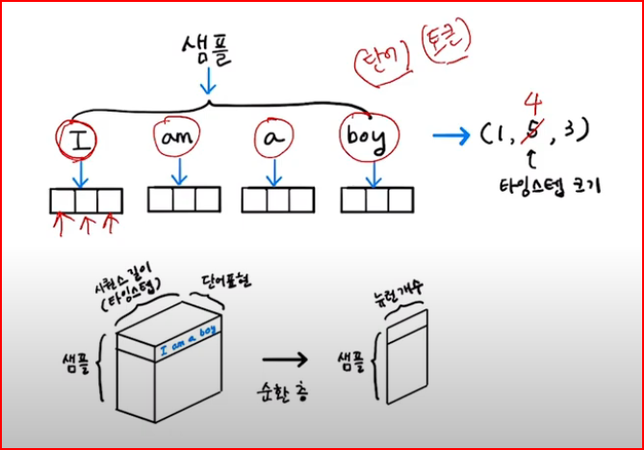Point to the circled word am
coord(177,142)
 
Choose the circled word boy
coord(367,141)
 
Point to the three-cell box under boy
coord(375,199)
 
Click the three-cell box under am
coord(183,199)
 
